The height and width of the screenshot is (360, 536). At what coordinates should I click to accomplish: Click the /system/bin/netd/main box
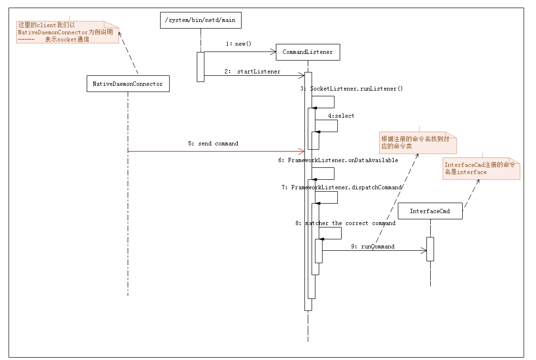pos(200,21)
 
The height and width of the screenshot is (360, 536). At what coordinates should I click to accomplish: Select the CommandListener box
pos(308,52)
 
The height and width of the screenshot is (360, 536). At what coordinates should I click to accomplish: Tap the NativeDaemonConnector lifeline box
pos(128,83)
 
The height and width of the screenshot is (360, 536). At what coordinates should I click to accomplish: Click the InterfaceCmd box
pos(430,211)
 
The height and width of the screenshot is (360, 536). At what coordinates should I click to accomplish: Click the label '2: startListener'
pos(253,72)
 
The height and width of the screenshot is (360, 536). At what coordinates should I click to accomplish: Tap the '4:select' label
pos(341,116)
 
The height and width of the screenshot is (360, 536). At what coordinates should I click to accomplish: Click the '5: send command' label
pos(213,144)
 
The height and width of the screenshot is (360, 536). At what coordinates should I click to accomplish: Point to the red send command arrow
pos(214,152)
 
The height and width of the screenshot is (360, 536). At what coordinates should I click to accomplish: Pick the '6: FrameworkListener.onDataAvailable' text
pos(338,160)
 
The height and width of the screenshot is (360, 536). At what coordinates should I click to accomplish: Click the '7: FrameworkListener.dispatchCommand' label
pos(342,187)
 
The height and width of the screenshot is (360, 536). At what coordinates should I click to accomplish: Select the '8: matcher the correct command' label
pos(345,223)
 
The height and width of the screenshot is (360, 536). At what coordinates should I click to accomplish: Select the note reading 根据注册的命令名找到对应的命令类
pos(417,142)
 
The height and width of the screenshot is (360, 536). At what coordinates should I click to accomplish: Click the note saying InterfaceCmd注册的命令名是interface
pos(480,168)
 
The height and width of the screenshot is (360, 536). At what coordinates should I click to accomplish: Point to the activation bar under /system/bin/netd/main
pos(201,67)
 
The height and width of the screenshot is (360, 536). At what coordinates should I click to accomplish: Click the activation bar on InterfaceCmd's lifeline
pos(430,249)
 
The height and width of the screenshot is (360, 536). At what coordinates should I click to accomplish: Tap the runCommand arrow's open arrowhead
pos(424,250)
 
